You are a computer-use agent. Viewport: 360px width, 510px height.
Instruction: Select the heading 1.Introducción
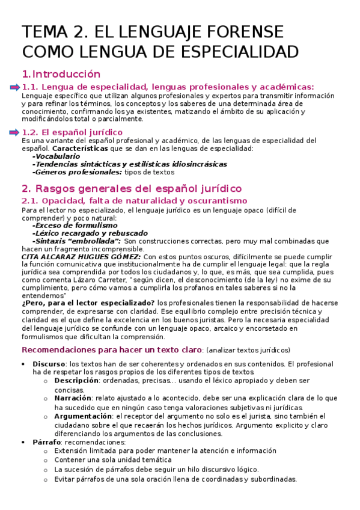coord(61,75)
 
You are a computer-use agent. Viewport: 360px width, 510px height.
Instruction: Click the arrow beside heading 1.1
coord(15,88)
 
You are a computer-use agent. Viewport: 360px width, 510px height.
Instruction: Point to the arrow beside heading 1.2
coord(15,132)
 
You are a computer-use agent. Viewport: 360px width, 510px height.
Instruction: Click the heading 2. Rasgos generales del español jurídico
coord(131,188)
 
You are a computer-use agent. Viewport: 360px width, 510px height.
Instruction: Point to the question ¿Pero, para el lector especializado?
coord(89,303)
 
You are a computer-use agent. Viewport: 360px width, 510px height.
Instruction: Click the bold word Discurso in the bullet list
coord(49,364)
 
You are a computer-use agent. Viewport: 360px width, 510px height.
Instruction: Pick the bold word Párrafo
coord(47,442)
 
